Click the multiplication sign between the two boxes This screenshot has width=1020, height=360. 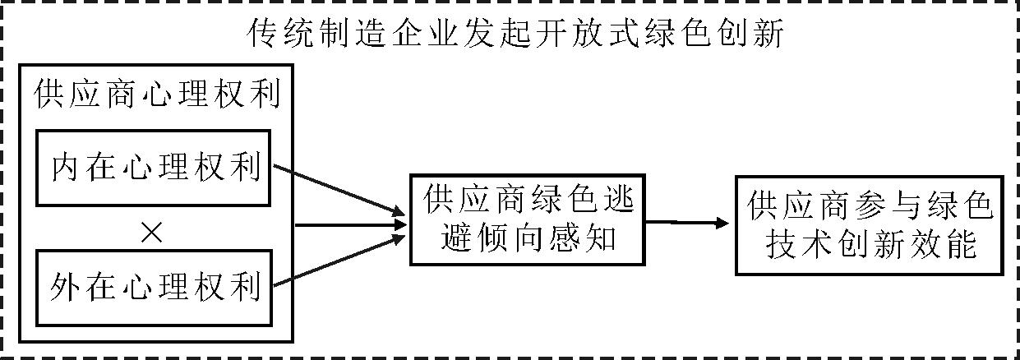151,234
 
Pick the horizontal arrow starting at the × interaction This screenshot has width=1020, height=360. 349,224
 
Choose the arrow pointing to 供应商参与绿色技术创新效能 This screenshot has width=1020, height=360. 687,222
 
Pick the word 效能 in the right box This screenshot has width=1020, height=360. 948,244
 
